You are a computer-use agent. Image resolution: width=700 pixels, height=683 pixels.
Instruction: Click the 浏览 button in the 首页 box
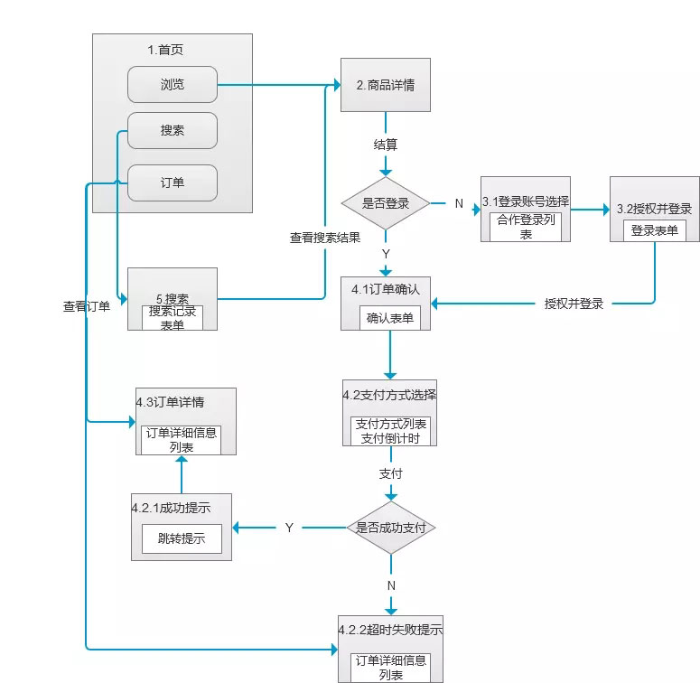[x=173, y=85]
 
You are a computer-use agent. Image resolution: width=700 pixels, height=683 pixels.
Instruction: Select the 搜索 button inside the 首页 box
[x=173, y=130]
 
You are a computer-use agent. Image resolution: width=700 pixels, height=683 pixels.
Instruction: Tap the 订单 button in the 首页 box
[x=173, y=182]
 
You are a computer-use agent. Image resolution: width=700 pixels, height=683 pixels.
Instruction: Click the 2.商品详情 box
[x=386, y=85]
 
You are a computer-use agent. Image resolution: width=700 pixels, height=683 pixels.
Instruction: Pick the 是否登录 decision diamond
[x=386, y=203]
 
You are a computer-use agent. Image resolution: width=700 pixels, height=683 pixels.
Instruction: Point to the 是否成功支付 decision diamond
[x=391, y=528]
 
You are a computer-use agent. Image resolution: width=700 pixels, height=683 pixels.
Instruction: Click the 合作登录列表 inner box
[x=526, y=227]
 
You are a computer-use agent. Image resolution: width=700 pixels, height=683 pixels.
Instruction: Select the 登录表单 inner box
[x=655, y=230]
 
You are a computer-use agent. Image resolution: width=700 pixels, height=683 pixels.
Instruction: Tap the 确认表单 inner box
[x=391, y=317]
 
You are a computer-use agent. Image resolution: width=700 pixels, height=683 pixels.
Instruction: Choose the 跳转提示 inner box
[x=182, y=539]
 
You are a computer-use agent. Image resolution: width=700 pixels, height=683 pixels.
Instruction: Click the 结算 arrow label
[x=386, y=145]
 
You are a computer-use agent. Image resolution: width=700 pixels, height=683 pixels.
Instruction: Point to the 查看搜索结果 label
[x=324, y=239]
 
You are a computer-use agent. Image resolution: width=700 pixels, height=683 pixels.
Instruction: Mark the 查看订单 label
[x=87, y=306]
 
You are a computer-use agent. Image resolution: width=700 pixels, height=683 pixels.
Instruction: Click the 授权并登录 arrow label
[x=574, y=304]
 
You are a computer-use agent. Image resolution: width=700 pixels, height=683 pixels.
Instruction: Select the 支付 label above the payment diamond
[x=391, y=473]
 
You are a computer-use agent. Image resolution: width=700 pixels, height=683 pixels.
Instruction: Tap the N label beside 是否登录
[x=459, y=203]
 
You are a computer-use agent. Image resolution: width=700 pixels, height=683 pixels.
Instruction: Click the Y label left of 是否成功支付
[x=289, y=528]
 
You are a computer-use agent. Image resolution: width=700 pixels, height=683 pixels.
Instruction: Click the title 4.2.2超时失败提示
[x=390, y=630]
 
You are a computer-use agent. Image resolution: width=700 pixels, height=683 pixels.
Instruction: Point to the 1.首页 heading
[x=172, y=51]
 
